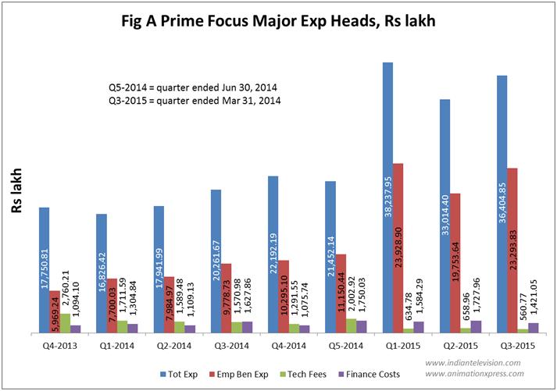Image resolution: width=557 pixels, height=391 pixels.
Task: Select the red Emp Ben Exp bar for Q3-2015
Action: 512,250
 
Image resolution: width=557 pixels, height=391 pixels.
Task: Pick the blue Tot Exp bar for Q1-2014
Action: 102,273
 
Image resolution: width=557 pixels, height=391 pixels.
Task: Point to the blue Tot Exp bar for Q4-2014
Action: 273,254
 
